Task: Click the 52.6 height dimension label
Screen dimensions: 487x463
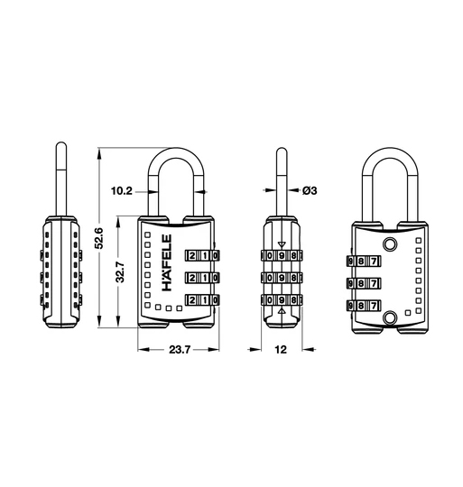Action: pyautogui.click(x=101, y=238)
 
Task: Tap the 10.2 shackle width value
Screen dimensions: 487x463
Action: pyautogui.click(x=121, y=190)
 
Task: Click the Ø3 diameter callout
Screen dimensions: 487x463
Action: pyautogui.click(x=307, y=190)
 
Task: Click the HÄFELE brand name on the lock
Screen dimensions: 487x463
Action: pyautogui.click(x=166, y=263)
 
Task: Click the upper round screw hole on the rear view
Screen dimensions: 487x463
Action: pyautogui.click(x=390, y=245)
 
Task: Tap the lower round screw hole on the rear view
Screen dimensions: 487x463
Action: pyautogui.click(x=390, y=317)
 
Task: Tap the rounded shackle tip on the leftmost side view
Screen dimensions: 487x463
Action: pyautogui.click(x=60, y=146)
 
